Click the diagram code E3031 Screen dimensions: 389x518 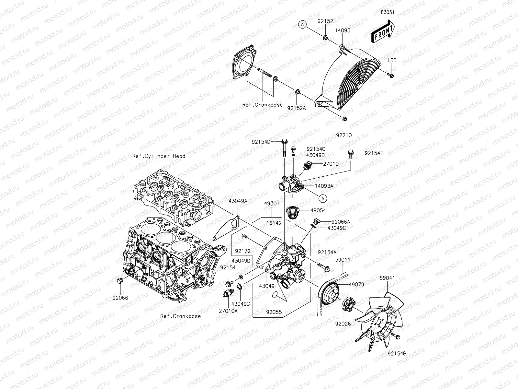(x=388, y=13)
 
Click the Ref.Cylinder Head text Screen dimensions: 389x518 (x=159, y=156)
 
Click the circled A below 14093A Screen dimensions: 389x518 (x=322, y=198)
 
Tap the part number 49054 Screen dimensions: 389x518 (x=318, y=210)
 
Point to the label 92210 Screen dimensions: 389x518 (x=344, y=135)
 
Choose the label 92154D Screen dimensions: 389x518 (x=261, y=142)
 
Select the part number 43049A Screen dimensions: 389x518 (x=238, y=201)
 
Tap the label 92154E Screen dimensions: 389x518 (x=374, y=153)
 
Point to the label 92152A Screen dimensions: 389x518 (x=297, y=108)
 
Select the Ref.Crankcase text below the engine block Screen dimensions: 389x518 (x=181, y=316)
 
